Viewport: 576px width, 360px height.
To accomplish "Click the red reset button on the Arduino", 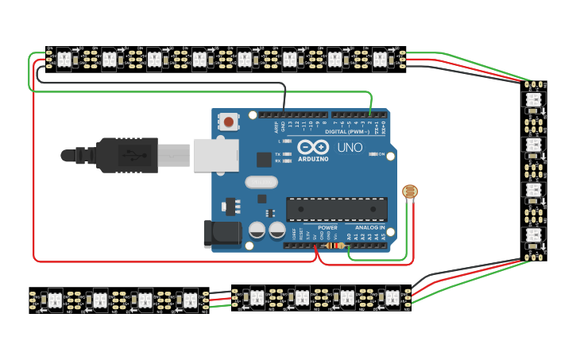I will click(229, 122).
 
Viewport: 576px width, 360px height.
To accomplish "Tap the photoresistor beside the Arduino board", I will click(409, 192).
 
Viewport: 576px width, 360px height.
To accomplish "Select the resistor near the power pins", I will click(337, 246).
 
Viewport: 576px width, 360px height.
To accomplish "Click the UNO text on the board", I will click(350, 148).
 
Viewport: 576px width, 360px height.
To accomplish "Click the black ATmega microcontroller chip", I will click(337, 209).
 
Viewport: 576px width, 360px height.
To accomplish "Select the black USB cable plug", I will click(127, 155).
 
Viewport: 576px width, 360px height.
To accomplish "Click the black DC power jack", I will click(222, 232).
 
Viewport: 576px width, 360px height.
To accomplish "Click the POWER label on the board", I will click(327, 227).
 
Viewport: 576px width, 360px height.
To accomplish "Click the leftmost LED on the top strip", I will click(63, 59).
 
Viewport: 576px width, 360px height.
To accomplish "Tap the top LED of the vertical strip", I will click(533, 100).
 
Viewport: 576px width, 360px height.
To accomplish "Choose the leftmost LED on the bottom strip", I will click(55, 300).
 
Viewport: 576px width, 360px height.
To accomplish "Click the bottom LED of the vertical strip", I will click(533, 234).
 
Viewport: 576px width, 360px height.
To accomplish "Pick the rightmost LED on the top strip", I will click(380, 59).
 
